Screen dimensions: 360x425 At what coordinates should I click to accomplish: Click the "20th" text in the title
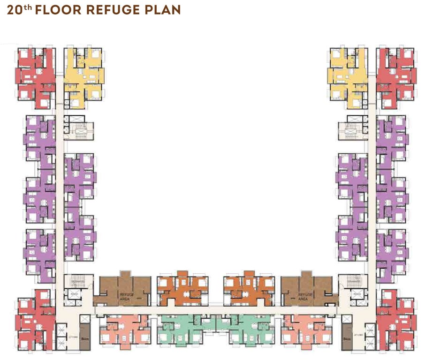[19, 10]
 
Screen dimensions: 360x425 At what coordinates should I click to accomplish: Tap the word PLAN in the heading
[162, 10]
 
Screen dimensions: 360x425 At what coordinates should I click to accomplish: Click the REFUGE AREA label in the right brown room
[303, 296]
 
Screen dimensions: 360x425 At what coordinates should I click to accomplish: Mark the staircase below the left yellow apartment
[78, 128]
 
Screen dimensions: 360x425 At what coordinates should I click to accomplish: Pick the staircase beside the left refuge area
[75, 282]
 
